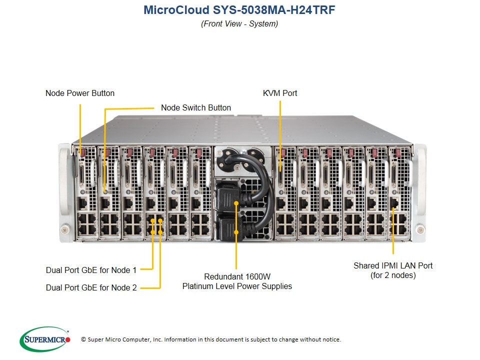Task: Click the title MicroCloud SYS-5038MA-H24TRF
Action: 239,10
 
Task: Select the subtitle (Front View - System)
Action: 239,24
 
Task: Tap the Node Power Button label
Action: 80,93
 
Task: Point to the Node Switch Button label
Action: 196,107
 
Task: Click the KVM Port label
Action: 280,93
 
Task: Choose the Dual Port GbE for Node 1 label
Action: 91,270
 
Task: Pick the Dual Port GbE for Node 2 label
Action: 91,287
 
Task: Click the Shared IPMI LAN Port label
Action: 393,265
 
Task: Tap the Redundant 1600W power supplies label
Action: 237,276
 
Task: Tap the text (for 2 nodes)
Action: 393,275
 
